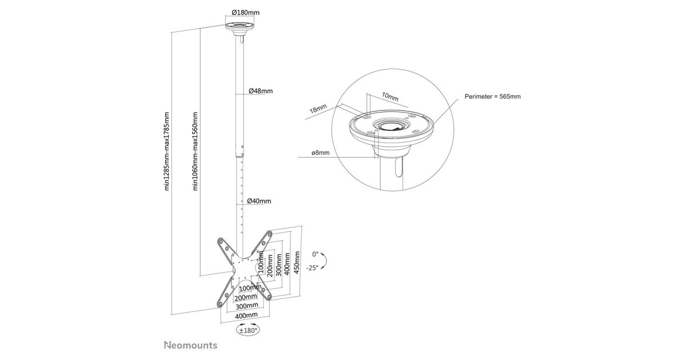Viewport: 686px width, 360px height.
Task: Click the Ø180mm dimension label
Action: click(246, 13)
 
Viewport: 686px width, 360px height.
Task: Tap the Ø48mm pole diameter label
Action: click(261, 91)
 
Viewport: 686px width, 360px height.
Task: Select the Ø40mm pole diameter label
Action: click(259, 201)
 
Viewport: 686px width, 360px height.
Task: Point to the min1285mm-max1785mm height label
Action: click(166, 151)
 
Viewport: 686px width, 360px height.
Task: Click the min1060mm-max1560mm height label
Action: click(195, 151)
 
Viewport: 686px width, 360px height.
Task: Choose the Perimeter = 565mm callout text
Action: click(492, 97)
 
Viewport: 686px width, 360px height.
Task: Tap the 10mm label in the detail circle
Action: click(390, 97)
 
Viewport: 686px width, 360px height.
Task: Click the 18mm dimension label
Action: click(318, 109)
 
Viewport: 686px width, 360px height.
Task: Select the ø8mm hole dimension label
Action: click(321, 153)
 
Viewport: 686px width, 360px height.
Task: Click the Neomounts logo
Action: click(191, 345)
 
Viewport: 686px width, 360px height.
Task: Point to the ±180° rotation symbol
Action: click(248, 331)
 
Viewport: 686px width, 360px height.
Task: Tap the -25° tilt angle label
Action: click(312, 268)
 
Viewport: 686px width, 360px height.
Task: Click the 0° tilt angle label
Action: click(315, 254)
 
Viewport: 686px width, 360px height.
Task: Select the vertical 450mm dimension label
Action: click(297, 263)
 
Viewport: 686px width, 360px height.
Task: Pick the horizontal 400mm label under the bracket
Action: click(246, 315)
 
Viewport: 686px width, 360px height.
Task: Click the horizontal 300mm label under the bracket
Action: click(247, 306)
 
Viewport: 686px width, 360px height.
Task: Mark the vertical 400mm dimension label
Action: click(287, 264)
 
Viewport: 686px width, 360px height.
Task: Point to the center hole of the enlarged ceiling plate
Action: click(391, 126)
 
